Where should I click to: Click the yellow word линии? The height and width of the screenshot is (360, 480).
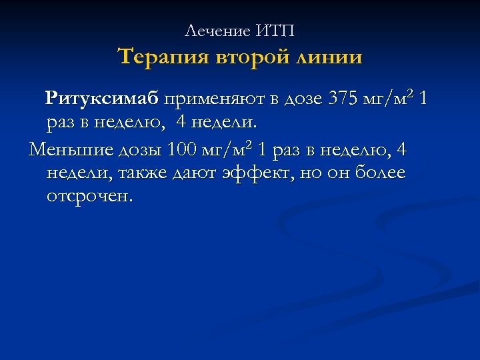pos(331,57)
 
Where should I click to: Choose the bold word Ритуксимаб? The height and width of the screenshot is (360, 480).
pos(102,100)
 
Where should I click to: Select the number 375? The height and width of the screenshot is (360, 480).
pos(343,100)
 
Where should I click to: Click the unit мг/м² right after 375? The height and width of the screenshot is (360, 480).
pos(389,100)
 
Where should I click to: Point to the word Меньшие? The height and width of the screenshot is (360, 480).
pos(66,150)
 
